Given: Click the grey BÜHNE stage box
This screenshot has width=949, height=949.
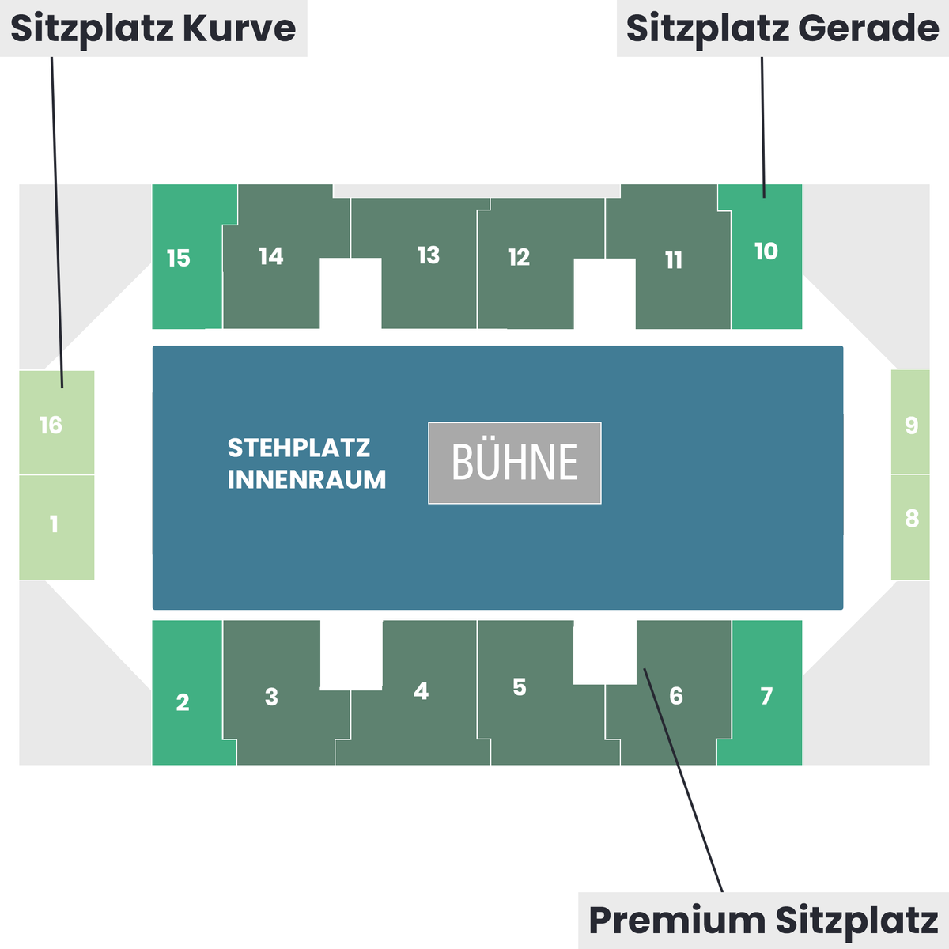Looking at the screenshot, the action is coord(515,463).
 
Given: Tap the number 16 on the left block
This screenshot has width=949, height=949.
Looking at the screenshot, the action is coord(51,425).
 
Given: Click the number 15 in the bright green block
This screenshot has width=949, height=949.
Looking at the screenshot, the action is coord(178,258).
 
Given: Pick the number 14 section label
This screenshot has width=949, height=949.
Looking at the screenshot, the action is coord(271,256).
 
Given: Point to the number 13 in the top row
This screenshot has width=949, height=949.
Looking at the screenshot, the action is coord(429,255).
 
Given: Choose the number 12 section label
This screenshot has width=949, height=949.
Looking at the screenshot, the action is coord(519,257).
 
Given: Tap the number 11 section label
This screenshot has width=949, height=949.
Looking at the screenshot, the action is coord(674,260).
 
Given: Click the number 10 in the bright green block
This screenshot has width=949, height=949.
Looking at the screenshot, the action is coord(766,251).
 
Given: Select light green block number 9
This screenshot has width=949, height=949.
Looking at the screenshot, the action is coord(910,422).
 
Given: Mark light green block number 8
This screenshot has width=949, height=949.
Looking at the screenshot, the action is coord(910,527).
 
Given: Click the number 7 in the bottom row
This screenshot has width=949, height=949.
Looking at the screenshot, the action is coord(766,696).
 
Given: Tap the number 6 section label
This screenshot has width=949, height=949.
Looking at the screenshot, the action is coord(676,696).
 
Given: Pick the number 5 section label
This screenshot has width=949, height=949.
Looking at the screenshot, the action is coord(520,687).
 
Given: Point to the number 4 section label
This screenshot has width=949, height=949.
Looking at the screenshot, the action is coord(421,691).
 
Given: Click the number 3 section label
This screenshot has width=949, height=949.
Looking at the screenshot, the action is coord(271,697).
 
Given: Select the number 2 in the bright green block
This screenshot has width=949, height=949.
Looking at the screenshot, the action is coord(182,702).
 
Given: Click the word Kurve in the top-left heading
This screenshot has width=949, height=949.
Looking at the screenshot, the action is coord(240,28).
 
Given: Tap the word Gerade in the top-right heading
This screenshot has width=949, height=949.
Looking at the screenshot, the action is coord(868,28).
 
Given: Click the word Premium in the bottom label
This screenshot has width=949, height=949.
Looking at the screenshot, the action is coord(677,920).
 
